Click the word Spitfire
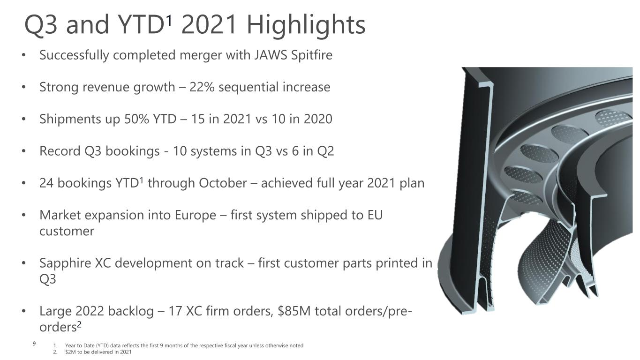[x=312, y=55]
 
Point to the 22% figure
[x=202, y=87]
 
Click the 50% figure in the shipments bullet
[x=136, y=119]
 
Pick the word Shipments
[x=70, y=120]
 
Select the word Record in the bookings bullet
[x=60, y=151]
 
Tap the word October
[x=223, y=183]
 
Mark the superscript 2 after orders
[x=79, y=324]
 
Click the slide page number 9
[x=34, y=344]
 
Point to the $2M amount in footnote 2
[x=70, y=352]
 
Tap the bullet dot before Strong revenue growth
[x=24, y=87]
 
